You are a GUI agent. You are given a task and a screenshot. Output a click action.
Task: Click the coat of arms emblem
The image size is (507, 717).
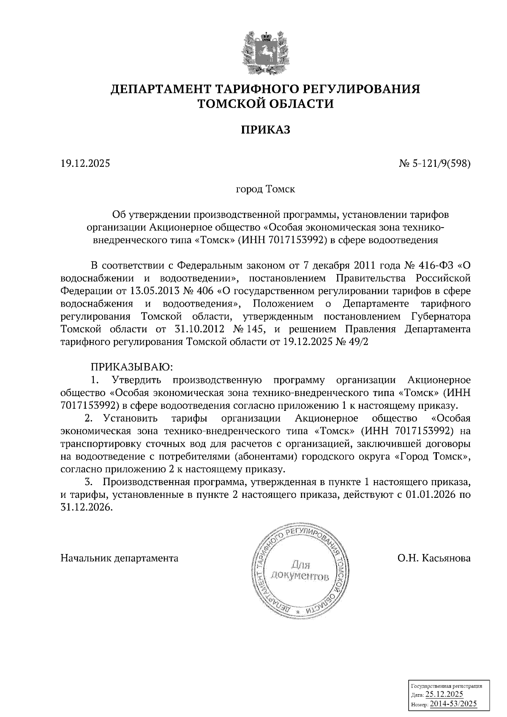[265, 52]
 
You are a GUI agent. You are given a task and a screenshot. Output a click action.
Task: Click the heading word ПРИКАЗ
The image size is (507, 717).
[266, 130]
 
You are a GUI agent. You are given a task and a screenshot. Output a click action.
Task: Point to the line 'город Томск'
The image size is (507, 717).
[265, 189]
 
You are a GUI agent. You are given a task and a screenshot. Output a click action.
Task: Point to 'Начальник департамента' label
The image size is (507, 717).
[120, 558]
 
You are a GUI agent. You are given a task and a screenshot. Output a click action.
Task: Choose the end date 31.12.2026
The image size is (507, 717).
[87, 508]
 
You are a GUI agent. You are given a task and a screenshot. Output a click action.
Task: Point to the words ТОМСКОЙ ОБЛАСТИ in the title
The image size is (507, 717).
[266, 103]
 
